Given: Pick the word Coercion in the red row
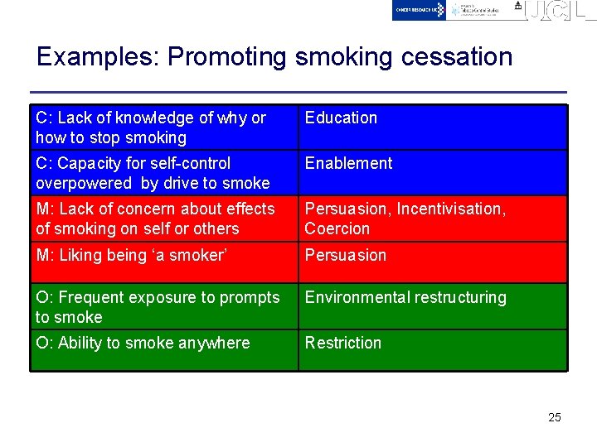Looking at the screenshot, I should [x=337, y=229].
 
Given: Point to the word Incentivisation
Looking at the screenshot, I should [x=451, y=209].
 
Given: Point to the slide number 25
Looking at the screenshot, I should [x=555, y=417].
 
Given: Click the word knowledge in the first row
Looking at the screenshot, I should [x=143, y=118].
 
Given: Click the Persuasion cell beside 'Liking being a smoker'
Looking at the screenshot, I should [x=345, y=256].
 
